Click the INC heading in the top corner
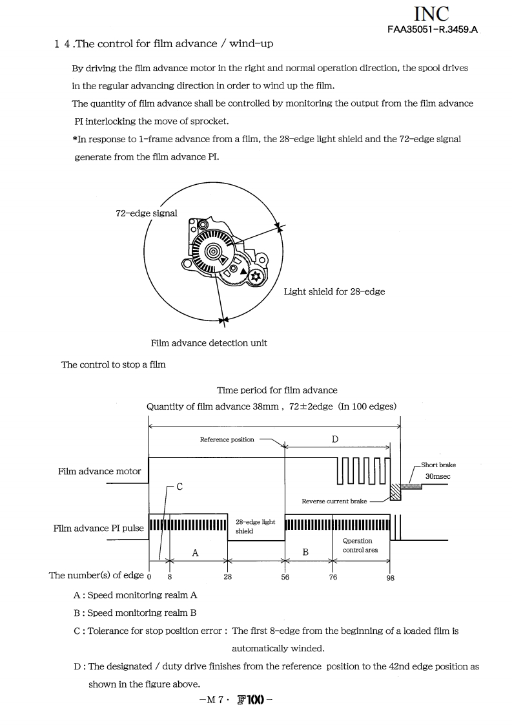click(431, 14)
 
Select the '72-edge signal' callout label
click(147, 213)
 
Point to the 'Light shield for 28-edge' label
click(334, 291)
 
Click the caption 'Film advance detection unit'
click(209, 342)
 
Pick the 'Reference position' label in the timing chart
click(227, 439)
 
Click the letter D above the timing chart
click(334, 439)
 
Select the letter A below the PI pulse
click(195, 552)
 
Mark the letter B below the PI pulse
click(305, 552)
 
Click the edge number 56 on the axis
click(285, 578)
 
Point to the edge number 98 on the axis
click(390, 578)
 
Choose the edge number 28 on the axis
click(227, 578)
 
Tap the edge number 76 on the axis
click(333, 578)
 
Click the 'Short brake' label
click(438, 465)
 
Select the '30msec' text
click(438, 476)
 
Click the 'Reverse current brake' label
click(334, 501)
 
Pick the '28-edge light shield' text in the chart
click(255, 526)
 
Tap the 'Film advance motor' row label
click(99, 471)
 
